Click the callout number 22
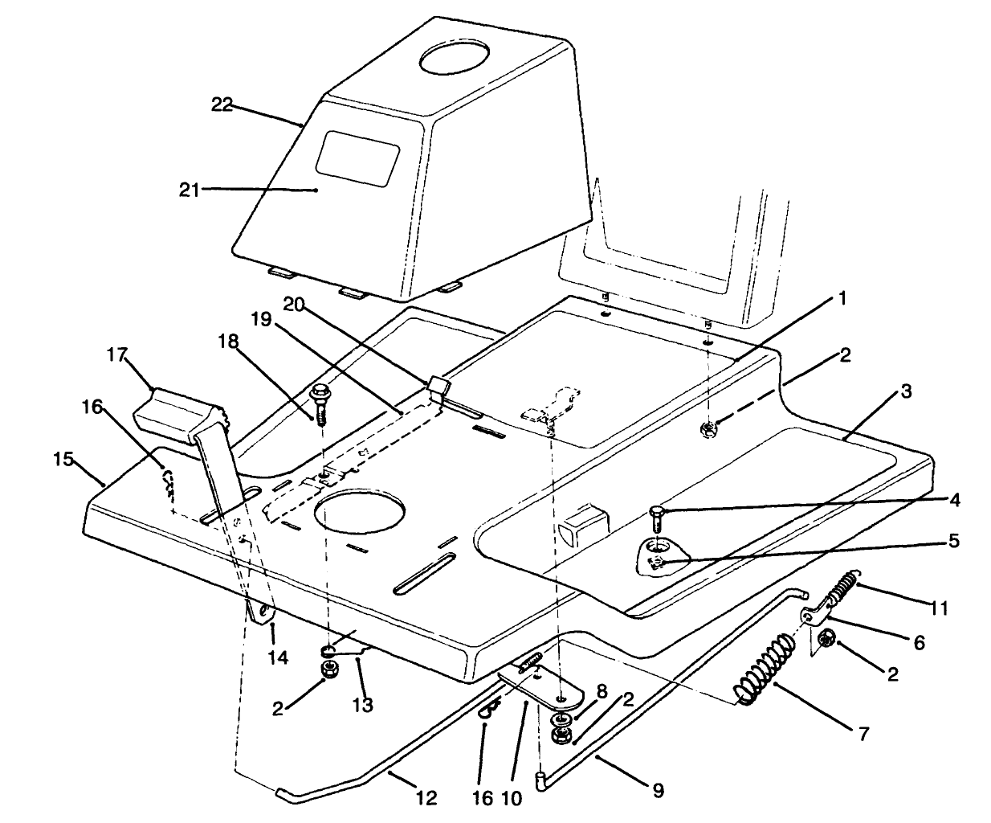click(222, 104)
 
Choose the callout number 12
click(426, 798)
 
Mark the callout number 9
click(658, 791)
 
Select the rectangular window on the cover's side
click(357, 154)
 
